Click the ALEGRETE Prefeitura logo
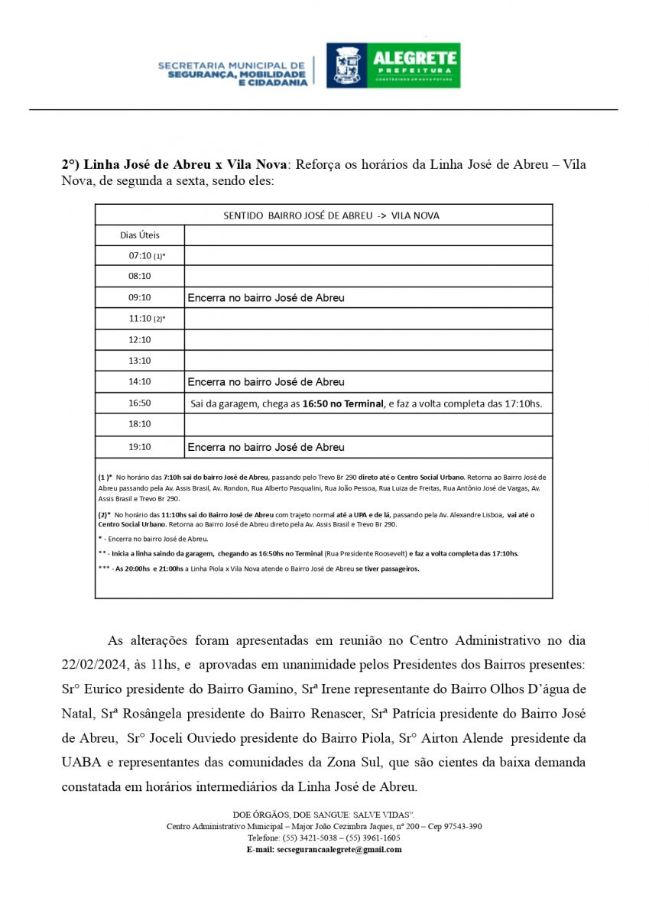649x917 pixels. tap(394, 65)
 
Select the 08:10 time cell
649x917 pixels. tap(140, 276)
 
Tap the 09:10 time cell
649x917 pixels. tap(140, 297)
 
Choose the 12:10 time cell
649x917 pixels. tap(140, 339)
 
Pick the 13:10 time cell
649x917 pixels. tap(140, 360)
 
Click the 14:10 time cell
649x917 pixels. tap(140, 381)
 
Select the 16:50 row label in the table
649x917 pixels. tap(140, 403)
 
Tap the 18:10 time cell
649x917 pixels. tap(140, 424)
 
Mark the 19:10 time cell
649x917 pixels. tap(140, 447)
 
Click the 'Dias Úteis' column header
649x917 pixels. tap(140, 235)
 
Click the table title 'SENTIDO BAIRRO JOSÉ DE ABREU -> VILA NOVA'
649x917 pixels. tap(331, 215)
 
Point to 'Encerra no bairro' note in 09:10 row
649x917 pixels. tap(266, 297)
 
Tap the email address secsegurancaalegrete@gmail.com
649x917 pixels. tap(339, 849)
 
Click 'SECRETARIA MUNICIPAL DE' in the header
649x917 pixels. tap(232, 66)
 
